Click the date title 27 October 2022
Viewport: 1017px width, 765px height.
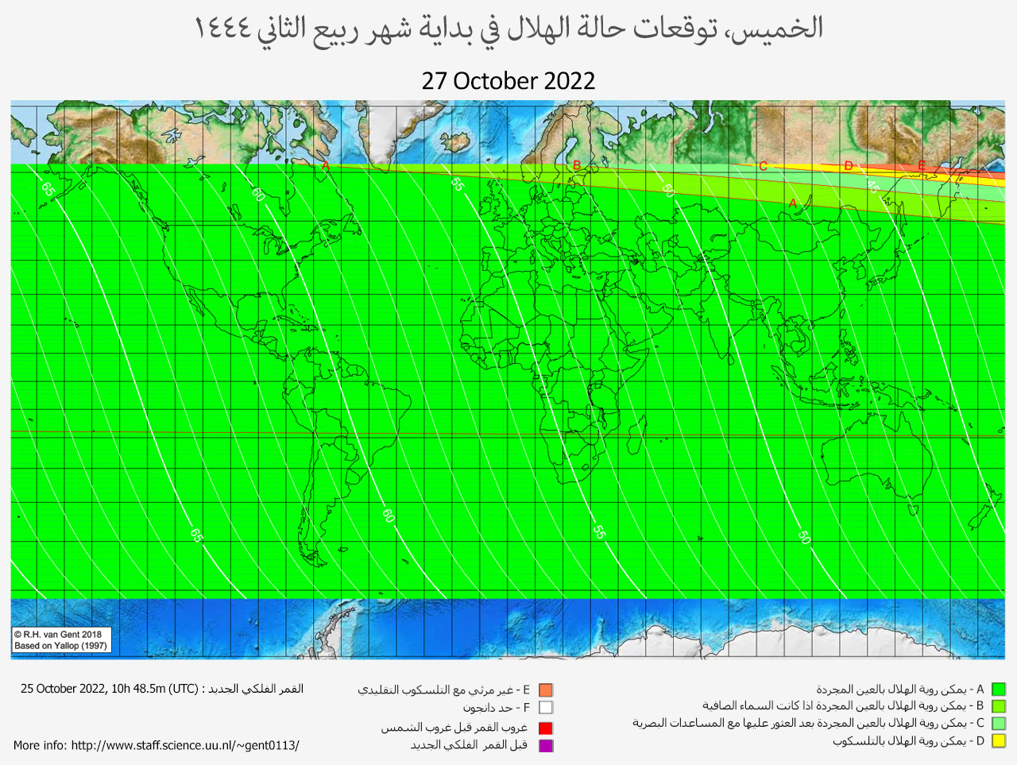pyautogui.click(x=508, y=81)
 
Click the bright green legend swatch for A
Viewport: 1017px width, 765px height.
pyautogui.click(x=999, y=690)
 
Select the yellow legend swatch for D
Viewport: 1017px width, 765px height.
pyautogui.click(x=999, y=741)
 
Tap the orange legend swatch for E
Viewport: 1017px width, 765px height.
pyautogui.click(x=545, y=690)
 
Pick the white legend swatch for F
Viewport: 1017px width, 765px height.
pyautogui.click(x=545, y=708)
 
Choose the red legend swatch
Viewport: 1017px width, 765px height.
pyautogui.click(x=545, y=728)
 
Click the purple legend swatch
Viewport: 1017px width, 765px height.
pyautogui.click(x=545, y=745)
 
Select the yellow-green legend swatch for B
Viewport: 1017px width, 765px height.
pyautogui.click(x=999, y=706)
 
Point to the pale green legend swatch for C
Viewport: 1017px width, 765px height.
pyautogui.click(x=999, y=724)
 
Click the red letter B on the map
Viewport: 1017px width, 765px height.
pyautogui.click(x=577, y=165)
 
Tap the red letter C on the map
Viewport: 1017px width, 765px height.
pyautogui.click(x=763, y=166)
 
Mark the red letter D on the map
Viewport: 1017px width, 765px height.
pyautogui.click(x=849, y=166)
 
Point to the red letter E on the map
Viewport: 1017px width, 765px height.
pyautogui.click(x=922, y=165)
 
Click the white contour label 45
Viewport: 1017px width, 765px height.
pyautogui.click(x=872, y=187)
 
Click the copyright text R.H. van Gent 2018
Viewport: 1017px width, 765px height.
pyautogui.click(x=58, y=634)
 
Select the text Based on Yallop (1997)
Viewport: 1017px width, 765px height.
pyautogui.click(x=60, y=646)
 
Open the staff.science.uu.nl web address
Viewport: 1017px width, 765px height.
pyautogui.click(x=185, y=745)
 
